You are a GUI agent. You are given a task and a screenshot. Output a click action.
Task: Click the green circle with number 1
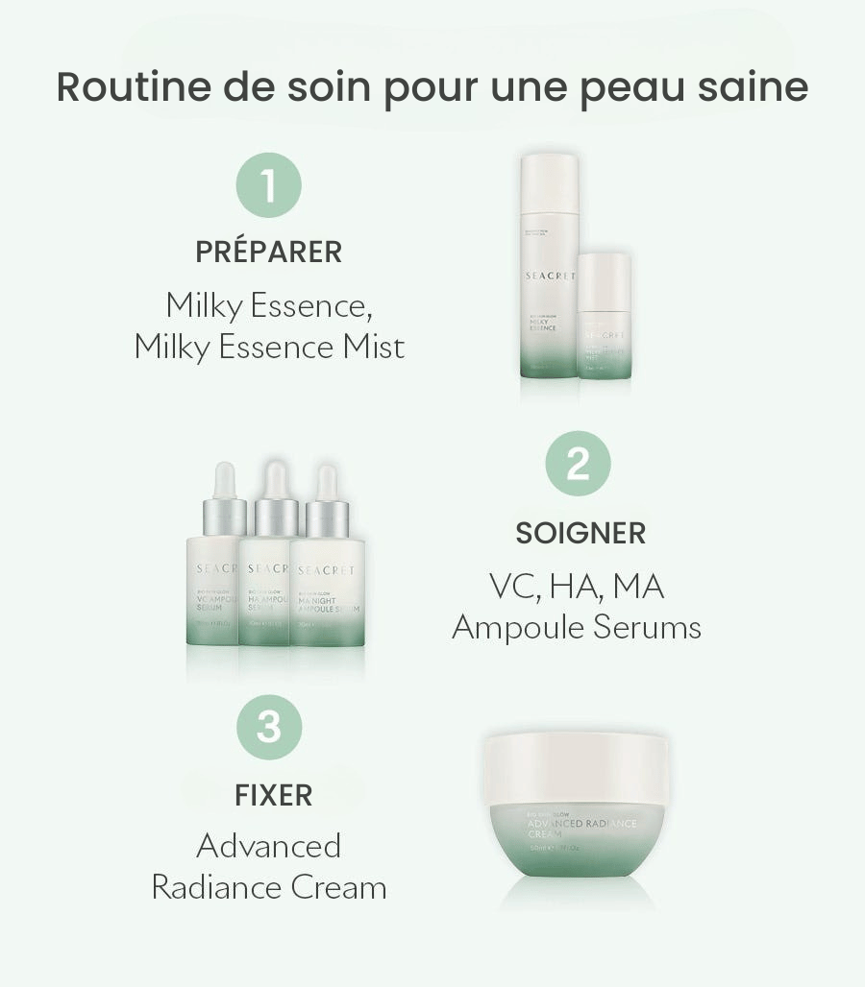(268, 185)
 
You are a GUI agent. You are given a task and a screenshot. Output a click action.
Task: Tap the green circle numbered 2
(578, 465)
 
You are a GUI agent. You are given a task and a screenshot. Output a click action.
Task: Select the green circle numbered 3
(268, 727)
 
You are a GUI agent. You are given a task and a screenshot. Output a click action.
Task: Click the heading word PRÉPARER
(268, 253)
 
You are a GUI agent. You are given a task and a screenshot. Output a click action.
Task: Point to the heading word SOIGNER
(581, 533)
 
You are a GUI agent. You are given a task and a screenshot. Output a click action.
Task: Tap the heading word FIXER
(273, 796)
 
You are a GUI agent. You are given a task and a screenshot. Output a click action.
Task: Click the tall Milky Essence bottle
(549, 269)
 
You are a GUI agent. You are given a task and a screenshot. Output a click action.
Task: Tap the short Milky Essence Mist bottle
(605, 322)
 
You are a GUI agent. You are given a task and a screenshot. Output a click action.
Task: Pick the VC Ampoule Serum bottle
(211, 586)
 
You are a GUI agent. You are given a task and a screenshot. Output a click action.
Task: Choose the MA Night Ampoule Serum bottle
(328, 586)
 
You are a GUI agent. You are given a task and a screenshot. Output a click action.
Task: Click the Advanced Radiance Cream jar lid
(576, 768)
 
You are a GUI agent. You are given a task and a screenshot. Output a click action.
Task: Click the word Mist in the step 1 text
(374, 347)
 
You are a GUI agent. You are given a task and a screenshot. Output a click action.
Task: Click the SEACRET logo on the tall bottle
(550, 277)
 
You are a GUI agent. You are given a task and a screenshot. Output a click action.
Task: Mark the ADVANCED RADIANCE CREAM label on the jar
(581, 829)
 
